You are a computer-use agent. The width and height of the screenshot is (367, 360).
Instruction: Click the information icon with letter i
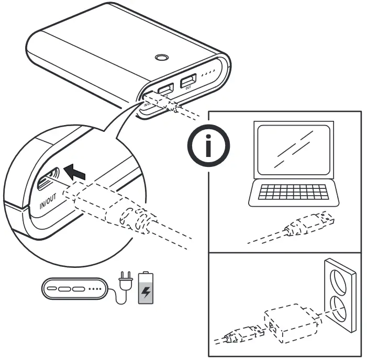pos(208,146)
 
